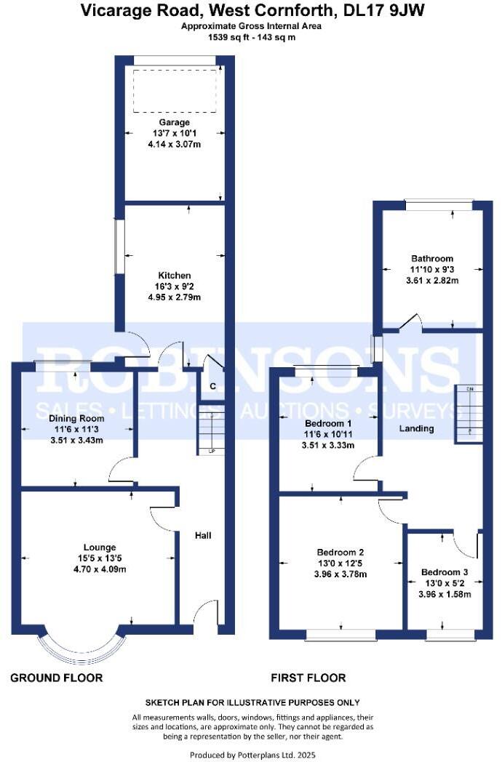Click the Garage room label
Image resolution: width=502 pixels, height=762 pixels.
coord(174,122)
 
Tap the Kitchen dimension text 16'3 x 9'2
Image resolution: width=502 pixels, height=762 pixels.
coord(175,286)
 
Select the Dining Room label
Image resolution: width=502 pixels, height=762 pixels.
coord(76,419)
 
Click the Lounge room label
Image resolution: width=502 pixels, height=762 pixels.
coord(100,547)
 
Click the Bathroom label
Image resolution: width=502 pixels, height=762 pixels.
coord(432,258)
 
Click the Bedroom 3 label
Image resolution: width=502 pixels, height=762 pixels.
coord(443,571)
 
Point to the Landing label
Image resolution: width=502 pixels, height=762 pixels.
coord(417,428)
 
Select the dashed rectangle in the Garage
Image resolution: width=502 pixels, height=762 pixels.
coord(175,91)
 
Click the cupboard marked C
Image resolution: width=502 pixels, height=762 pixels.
coord(212,385)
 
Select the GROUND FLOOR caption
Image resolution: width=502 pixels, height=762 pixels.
coord(56,678)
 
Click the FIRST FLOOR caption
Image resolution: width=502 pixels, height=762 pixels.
coord(308,678)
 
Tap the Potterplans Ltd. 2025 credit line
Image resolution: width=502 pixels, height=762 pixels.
coord(251,755)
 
